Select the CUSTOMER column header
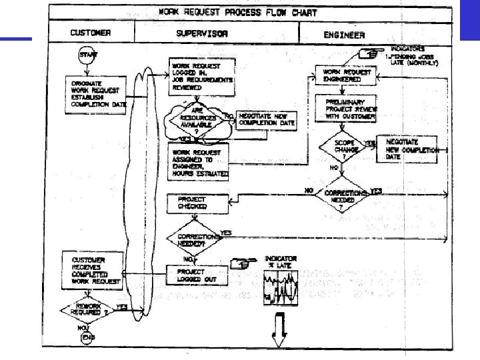91,33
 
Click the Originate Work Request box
98,93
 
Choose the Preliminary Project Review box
346,107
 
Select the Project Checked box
196,203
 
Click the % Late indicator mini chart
281,288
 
